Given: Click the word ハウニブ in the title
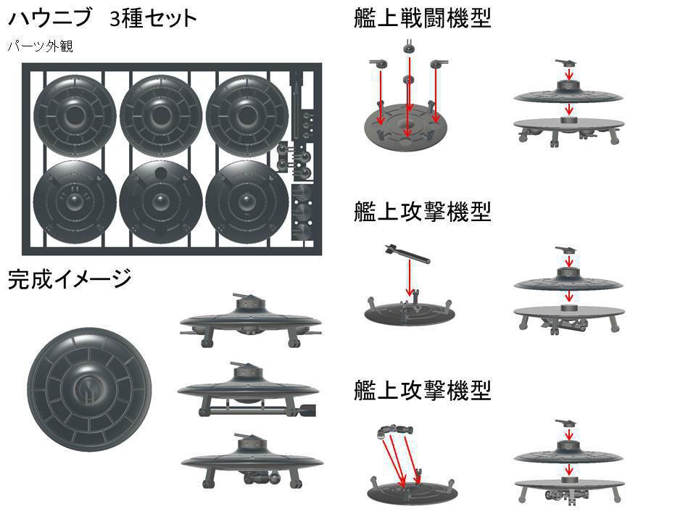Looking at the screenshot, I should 49,18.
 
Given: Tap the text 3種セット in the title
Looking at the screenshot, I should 153,18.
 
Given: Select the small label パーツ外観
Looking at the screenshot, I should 40,46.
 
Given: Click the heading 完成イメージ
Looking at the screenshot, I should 70,279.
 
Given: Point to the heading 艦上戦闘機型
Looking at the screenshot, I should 422,17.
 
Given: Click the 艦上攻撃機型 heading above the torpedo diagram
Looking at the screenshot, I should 422,212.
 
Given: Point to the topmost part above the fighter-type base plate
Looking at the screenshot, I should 408,46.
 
